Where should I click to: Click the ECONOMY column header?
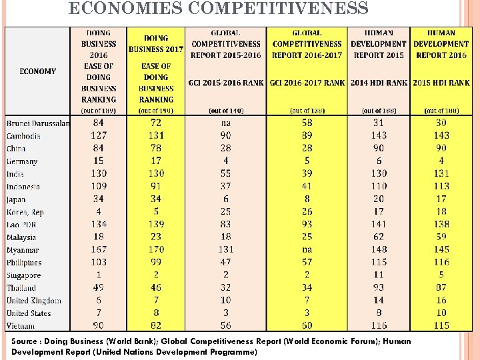tap(37, 71)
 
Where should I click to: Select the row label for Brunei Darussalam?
tap(38, 123)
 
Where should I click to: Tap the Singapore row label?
tap(24, 275)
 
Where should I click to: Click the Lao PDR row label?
tap(21, 225)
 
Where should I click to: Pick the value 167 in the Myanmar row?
tap(99, 250)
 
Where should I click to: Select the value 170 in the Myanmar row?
tap(156, 250)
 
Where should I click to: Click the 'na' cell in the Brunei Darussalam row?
tap(226, 123)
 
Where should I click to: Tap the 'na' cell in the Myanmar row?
tap(307, 250)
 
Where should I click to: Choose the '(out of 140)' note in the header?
tap(226, 111)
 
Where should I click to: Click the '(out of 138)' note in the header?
tap(307, 111)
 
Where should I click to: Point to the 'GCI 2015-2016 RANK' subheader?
tap(226, 83)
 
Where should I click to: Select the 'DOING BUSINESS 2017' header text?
tap(156, 43)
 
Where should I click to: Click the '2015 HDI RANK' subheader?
tap(441, 83)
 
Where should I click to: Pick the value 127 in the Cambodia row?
tap(99, 135)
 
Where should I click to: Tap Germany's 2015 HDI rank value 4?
tap(441, 161)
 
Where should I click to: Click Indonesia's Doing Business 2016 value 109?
tap(99, 186)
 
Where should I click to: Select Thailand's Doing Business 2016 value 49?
tap(99, 288)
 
